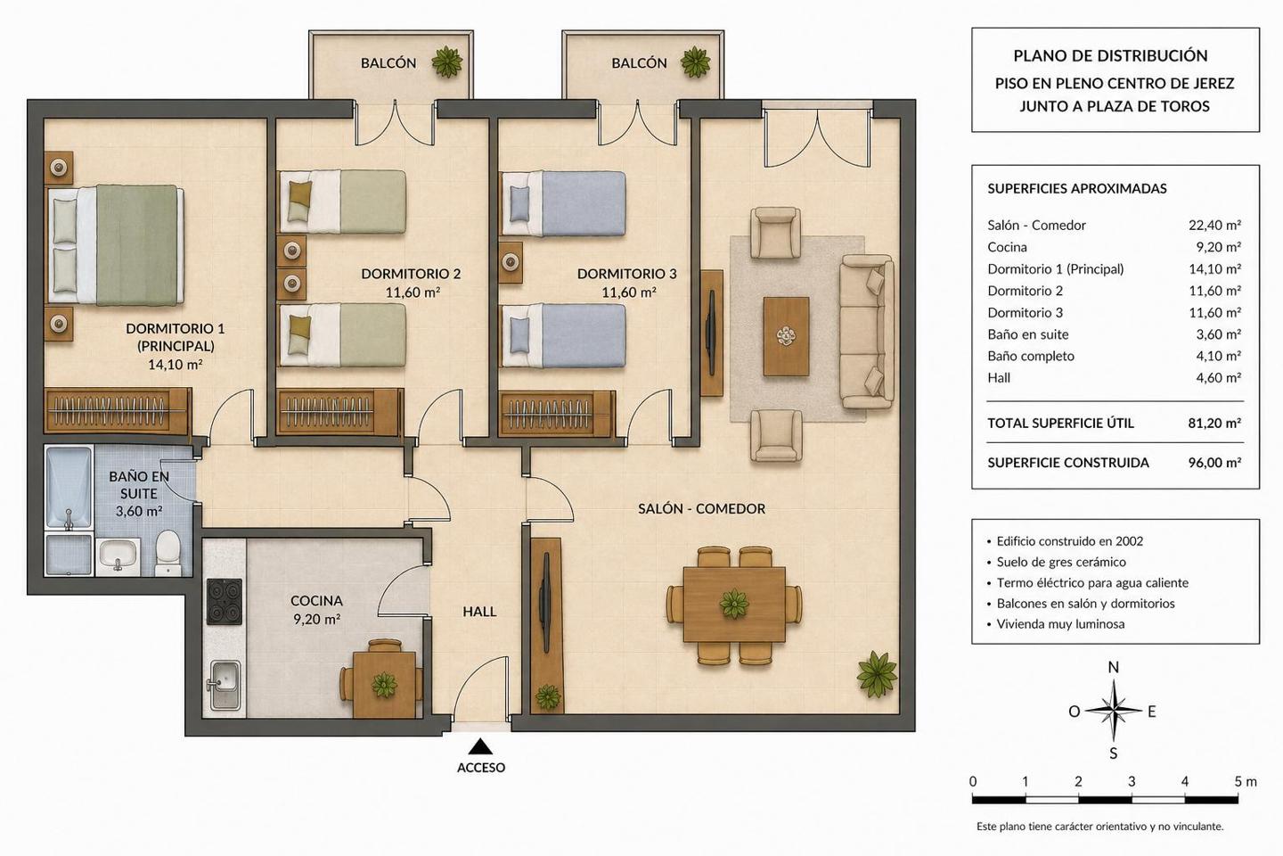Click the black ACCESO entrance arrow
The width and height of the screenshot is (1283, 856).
tap(480, 746)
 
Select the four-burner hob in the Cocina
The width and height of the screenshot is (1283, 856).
tap(224, 602)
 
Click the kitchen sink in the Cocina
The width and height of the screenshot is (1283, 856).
tap(225, 685)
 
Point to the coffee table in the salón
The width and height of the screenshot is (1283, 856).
tap(786, 336)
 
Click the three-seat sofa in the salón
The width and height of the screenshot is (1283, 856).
tap(867, 332)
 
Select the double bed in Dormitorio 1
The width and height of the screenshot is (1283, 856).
tap(116, 245)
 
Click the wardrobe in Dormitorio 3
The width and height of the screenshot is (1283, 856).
tap(558, 414)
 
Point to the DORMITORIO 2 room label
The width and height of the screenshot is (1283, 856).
tap(412, 274)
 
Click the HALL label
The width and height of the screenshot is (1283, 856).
tap(479, 612)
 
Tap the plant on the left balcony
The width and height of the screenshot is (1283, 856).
tap(446, 62)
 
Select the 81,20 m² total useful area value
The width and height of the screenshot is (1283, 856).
tap(1214, 424)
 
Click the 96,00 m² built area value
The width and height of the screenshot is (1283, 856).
tap(1214, 463)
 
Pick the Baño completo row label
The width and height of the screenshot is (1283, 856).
tap(1030, 356)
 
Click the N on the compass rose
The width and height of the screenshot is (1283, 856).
tap(1114, 667)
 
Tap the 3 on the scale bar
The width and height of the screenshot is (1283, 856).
tap(1132, 781)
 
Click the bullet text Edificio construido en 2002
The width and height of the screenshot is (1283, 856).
tap(1070, 541)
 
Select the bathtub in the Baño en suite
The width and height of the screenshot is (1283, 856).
tap(69, 487)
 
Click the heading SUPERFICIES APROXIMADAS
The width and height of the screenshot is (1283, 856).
tap(1077, 189)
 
